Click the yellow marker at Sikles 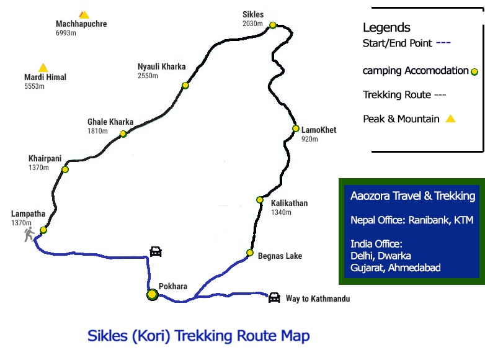[272, 25]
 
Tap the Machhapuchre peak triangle [84, 14]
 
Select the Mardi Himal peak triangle [43, 68]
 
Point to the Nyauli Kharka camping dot [185, 86]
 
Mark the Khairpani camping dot [65, 169]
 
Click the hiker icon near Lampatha [29, 235]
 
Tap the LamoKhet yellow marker [296, 128]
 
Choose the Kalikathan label [289, 203]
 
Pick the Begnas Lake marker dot [249, 253]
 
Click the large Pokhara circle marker [152, 295]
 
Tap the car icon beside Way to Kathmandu [274, 297]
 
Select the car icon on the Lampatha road [156, 251]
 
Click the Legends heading [386, 27]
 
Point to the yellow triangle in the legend [450, 119]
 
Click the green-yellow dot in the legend [474, 71]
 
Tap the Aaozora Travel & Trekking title [412, 196]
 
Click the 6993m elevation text [66, 33]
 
